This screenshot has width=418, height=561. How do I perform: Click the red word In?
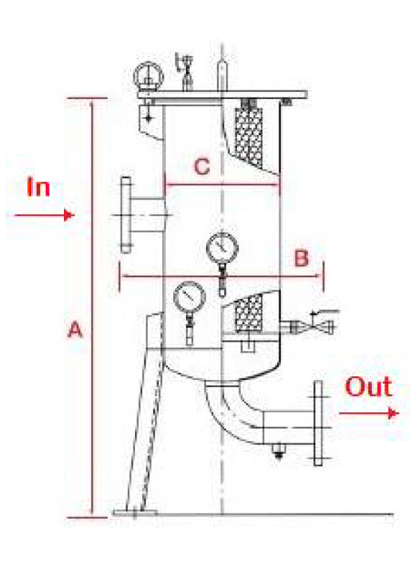point(38,187)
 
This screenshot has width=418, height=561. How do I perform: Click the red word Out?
point(368,386)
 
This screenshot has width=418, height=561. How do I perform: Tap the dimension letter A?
point(75,330)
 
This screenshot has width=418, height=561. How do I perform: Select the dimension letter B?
point(302,258)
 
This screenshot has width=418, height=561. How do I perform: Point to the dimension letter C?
point(202,167)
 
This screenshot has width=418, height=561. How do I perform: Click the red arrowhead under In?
point(69,215)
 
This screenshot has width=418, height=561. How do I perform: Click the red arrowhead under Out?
point(394,414)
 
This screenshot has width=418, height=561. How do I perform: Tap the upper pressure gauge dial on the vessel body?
point(222,248)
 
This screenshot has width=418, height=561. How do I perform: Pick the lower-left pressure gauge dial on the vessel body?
point(190,297)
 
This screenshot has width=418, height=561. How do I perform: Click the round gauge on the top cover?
point(148,76)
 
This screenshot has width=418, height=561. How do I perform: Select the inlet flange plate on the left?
point(126,215)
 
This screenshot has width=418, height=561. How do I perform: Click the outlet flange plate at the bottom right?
point(317,423)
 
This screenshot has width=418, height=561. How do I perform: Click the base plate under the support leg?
point(135,513)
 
